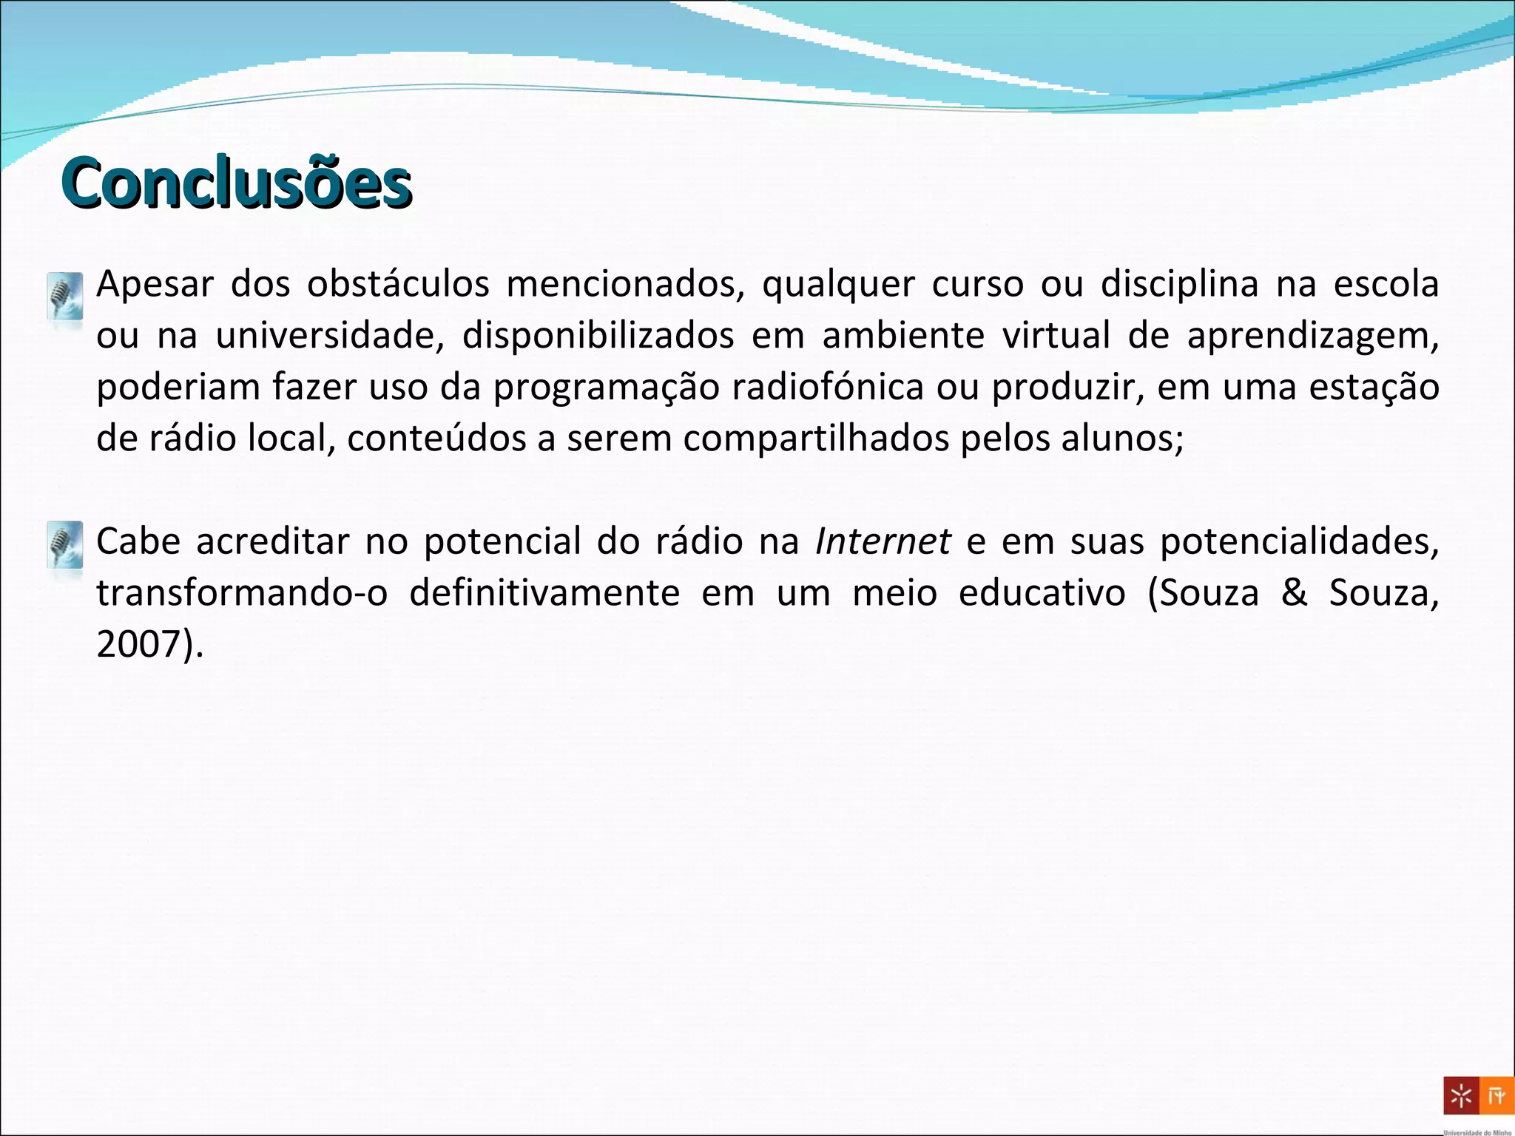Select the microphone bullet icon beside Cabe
point(65,545)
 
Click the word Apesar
point(155,285)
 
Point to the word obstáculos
point(398,285)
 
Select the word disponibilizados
point(598,337)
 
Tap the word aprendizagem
point(1312,337)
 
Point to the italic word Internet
point(883,541)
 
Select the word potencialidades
point(1299,542)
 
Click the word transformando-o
point(242,593)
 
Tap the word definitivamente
point(544,593)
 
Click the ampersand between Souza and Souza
point(1294,593)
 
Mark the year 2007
point(140,644)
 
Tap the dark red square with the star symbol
point(1461,1096)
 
